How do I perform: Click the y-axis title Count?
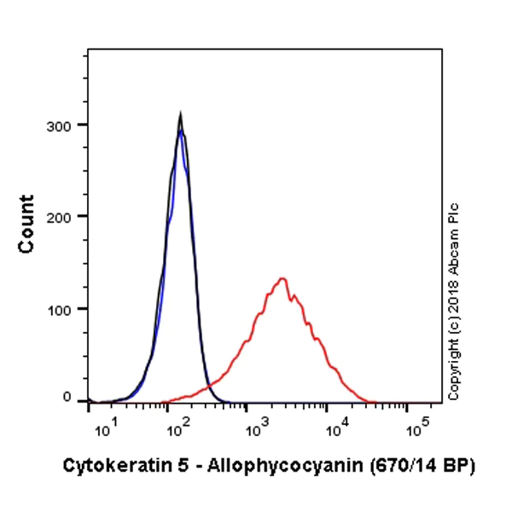coord(26,224)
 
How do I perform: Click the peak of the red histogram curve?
coord(282,278)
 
